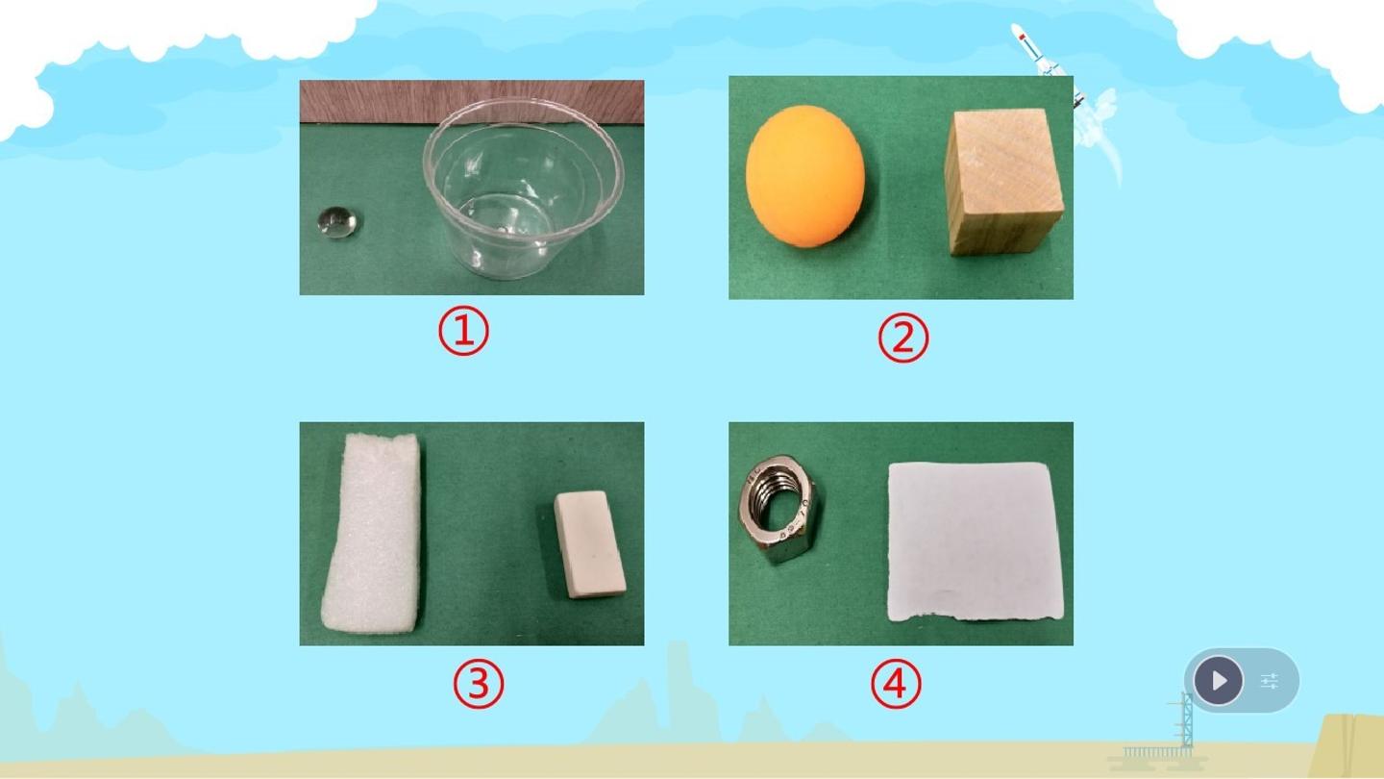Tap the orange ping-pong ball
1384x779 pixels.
(x=804, y=176)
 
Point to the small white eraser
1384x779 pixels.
(x=589, y=544)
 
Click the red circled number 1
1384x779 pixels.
(x=463, y=332)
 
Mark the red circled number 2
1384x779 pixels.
(x=903, y=338)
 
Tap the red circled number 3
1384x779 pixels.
(x=479, y=684)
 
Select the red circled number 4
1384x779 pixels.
(x=896, y=684)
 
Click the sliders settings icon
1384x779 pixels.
(x=1270, y=681)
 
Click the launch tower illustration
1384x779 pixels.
(x=1185, y=722)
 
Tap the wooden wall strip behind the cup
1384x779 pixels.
(x=472, y=101)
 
